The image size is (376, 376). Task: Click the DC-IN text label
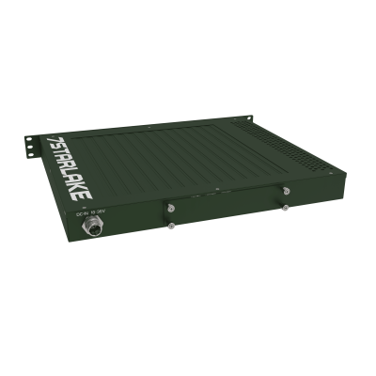(x=83, y=215)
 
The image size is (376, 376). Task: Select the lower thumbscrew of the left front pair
(x=170, y=225)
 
